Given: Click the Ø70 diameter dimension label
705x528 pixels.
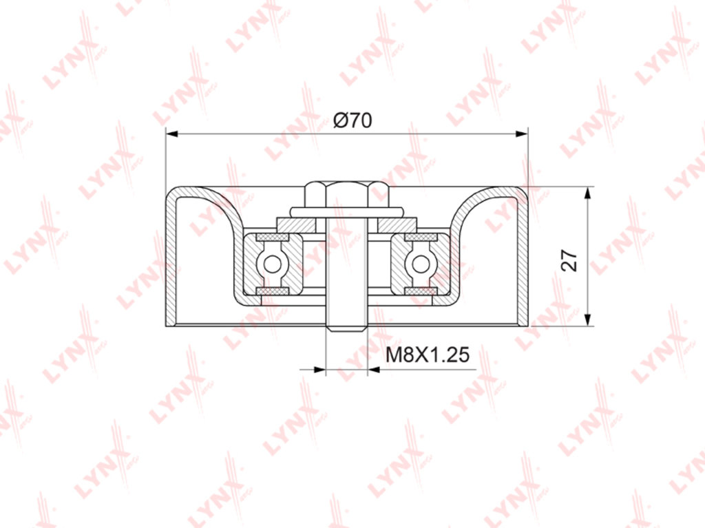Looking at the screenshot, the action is pos(352,120).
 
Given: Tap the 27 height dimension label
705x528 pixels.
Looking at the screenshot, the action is pos(569,260).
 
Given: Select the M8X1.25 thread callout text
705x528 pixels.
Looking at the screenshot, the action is pos(428,355).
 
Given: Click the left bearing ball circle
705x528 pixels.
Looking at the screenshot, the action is pos(272,264).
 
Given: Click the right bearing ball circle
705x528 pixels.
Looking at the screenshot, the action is pos(421,264).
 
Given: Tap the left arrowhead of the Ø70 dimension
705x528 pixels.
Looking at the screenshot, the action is pos(173,134).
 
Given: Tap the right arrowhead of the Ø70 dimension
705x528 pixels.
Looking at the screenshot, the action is pos(521,134).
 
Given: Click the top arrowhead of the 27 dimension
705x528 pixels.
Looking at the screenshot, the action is pos(587,193).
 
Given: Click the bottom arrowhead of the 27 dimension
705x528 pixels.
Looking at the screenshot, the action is pos(587,319).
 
